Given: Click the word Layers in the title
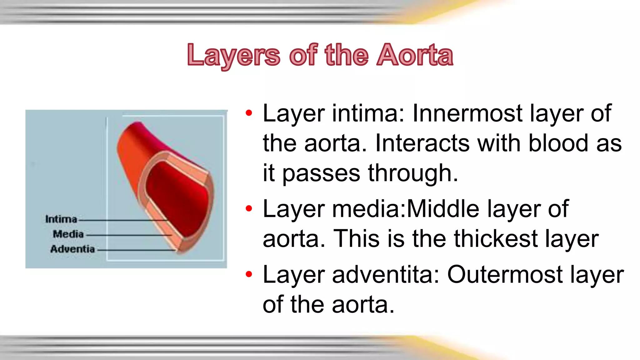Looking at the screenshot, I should (x=234, y=55).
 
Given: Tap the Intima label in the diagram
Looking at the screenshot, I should (x=61, y=219).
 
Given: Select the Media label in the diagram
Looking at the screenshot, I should (x=68, y=234).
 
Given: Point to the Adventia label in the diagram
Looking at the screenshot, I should (x=72, y=249).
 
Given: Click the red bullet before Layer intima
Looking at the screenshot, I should (x=249, y=113).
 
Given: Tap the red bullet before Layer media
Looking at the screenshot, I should (x=249, y=209).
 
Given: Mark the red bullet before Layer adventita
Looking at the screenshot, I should (x=249, y=274).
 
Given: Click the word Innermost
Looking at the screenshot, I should (x=467, y=113).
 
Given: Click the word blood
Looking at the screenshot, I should (x=558, y=143).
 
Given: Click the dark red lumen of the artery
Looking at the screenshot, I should (x=178, y=194).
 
